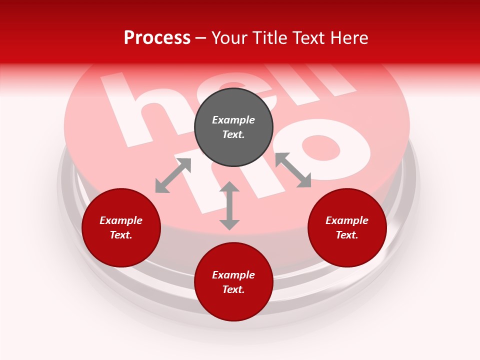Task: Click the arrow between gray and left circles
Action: click(x=173, y=175)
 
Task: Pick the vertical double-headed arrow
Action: click(x=229, y=205)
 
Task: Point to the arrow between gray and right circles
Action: click(x=293, y=170)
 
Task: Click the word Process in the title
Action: click(x=157, y=37)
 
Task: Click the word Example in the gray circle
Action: click(x=233, y=120)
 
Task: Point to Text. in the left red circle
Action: click(x=121, y=235)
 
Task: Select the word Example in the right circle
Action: click(x=347, y=220)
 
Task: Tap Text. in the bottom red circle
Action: click(x=233, y=289)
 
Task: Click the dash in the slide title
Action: click(x=201, y=38)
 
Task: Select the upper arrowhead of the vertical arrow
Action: click(x=229, y=187)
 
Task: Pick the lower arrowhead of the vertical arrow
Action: click(x=229, y=224)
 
